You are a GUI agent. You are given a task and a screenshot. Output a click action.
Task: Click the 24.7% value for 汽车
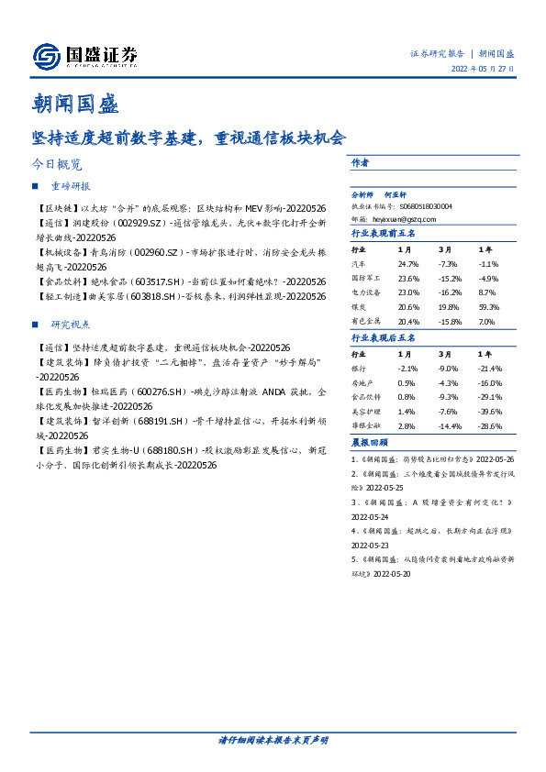tap(408, 263)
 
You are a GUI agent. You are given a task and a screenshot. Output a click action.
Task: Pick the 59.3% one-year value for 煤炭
tap(488, 308)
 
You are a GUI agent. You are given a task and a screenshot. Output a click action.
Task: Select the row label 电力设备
tap(368, 293)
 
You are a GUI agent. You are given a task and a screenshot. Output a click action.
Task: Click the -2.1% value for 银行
tap(408, 368)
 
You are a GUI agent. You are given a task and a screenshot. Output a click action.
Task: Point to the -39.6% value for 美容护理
tap(491, 413)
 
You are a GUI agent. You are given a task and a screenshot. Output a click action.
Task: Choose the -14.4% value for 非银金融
tap(449, 427)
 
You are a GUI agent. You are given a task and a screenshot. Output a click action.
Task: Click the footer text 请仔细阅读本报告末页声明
tap(273, 740)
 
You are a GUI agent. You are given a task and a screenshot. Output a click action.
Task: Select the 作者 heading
tap(361, 162)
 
